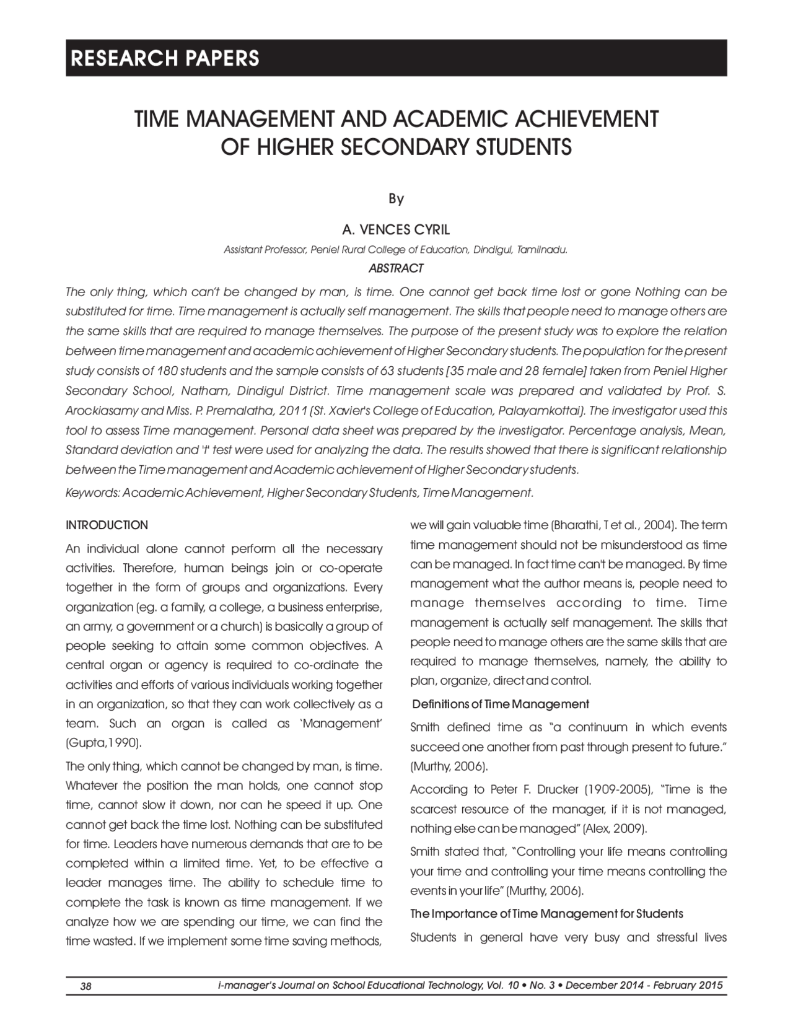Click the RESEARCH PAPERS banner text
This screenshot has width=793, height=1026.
point(165,58)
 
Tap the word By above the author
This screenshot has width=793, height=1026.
point(396,199)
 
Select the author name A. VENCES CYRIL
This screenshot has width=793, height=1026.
point(396,230)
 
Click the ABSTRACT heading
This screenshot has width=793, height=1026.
point(396,268)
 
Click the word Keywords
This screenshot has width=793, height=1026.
point(92,493)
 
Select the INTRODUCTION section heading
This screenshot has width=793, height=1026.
point(107,525)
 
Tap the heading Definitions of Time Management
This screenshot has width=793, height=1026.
point(500,704)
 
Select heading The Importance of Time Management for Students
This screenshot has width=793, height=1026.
point(546,914)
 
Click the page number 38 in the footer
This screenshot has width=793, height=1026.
point(86,986)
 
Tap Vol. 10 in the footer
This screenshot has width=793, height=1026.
point(502,986)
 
